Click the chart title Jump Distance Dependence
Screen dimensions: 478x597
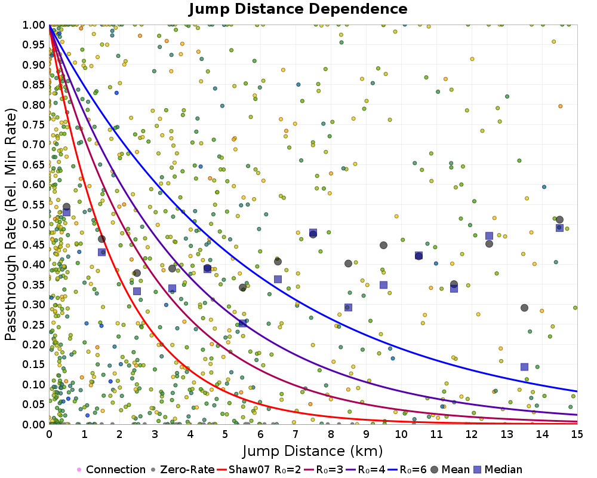[298, 10]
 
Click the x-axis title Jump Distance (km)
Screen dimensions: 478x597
[312, 451]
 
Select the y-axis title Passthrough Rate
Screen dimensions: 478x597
[11, 224]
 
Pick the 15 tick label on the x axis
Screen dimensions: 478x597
[577, 434]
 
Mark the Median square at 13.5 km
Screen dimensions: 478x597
[524, 367]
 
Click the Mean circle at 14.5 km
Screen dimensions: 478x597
[559, 220]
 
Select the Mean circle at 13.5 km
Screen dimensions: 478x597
[524, 308]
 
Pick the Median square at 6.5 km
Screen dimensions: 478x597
[278, 279]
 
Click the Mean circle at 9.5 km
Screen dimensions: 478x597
[383, 245]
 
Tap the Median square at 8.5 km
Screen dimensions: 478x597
[348, 308]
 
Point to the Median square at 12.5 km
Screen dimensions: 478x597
[489, 236]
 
